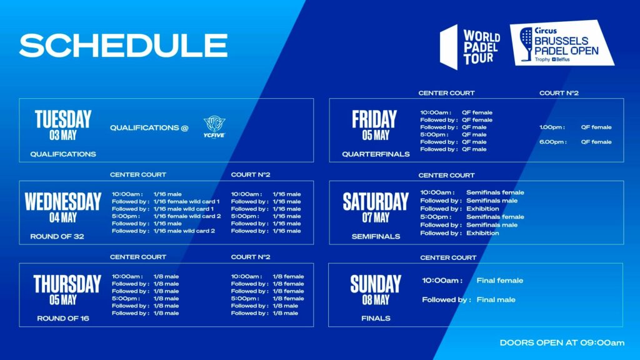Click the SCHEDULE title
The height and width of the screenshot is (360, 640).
point(123,45)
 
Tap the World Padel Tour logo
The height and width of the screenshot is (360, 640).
point(470,46)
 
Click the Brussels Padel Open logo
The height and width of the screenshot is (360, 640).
point(562,43)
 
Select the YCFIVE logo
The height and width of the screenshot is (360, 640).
point(214,127)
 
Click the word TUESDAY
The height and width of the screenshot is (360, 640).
point(63,119)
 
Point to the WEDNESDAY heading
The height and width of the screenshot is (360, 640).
point(63,202)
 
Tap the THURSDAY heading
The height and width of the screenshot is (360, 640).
point(67,284)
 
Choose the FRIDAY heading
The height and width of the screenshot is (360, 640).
point(374,119)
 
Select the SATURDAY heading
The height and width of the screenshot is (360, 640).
point(376,202)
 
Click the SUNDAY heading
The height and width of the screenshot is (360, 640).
point(376,284)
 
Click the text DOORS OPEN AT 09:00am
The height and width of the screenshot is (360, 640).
point(562,343)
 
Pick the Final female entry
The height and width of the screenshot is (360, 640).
point(499,281)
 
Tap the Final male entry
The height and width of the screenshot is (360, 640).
point(496,299)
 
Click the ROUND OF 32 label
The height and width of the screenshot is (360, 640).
point(57,236)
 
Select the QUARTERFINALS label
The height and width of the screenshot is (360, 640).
point(376,154)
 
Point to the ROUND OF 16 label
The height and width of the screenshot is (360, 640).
point(63,318)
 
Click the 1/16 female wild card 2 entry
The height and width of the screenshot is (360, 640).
point(187,216)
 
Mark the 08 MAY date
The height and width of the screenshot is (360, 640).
point(376,300)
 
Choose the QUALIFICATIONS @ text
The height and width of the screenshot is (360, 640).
point(149,127)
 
